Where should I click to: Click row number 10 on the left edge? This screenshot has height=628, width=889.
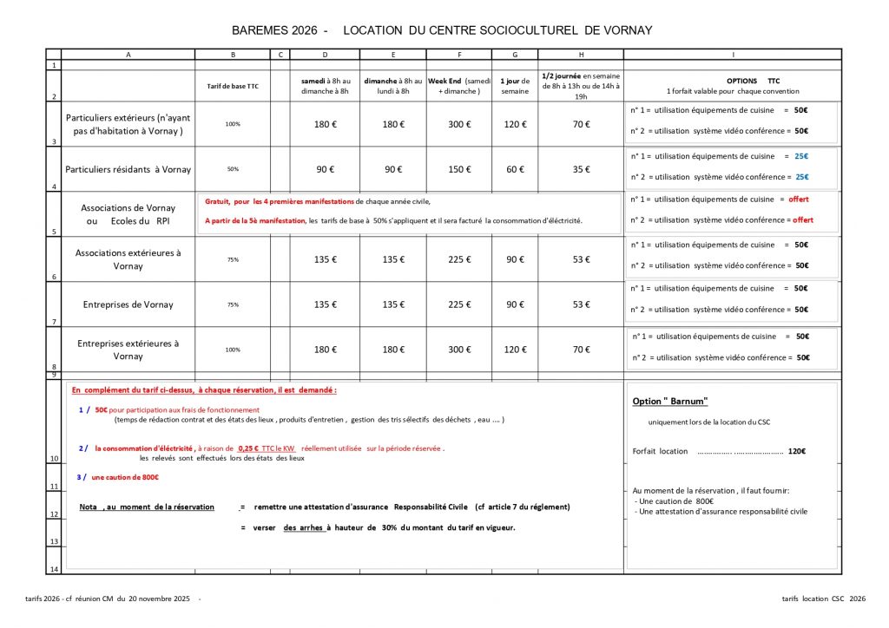(54, 458)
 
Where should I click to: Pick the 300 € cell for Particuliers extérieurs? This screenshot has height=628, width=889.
(458, 124)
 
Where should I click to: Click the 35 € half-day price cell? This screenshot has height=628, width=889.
(580, 169)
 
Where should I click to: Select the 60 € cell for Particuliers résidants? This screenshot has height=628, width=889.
(515, 169)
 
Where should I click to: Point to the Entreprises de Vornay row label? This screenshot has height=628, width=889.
(128, 304)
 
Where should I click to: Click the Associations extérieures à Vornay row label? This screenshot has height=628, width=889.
(128, 259)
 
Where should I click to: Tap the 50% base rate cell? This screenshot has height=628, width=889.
(233, 169)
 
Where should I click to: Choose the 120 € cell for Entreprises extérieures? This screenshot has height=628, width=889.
(515, 350)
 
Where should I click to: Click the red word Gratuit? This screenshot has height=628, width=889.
(218, 200)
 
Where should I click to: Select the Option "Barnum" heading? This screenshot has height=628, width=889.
(670, 401)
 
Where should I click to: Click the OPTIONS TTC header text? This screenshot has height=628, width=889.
(752, 80)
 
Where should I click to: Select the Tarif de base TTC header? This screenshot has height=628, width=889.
(233, 86)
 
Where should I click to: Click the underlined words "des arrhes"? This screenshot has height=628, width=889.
(304, 527)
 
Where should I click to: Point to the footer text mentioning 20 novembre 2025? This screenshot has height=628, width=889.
(122, 599)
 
